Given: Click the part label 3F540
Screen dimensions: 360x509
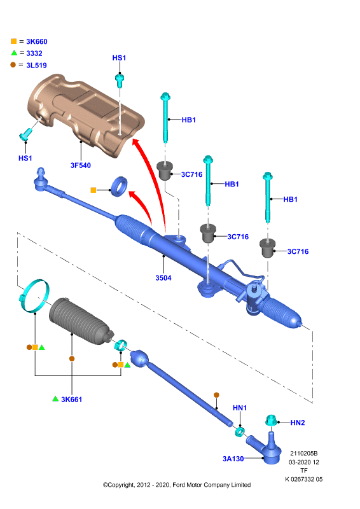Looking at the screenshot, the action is coord(81,165).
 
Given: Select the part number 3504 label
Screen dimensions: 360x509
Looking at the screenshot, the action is coord(163,278).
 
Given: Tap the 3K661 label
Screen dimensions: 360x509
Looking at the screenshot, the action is coord(72,400).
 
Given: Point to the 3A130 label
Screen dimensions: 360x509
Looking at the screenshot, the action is coord(233,459).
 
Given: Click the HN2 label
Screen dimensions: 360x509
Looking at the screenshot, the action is coord(298,422).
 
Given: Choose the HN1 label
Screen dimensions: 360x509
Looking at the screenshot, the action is coord(240,408).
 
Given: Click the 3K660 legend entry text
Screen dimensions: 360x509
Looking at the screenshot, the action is coord(37,41).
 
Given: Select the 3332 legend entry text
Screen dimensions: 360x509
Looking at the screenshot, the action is coord(34,53).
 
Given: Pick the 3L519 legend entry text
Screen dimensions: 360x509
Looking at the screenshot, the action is coord(36,66).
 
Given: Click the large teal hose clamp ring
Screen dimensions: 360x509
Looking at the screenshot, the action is coord(34,296).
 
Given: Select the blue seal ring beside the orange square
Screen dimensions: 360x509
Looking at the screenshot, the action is coord(119,186).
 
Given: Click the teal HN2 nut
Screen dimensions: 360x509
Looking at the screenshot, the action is coord(271,420).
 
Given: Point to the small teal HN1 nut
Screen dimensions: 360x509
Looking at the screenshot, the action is coord(240,432).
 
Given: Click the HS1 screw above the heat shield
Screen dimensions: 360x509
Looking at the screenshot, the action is coord(120,81).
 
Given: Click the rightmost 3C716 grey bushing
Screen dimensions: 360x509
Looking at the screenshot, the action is coord(268,248).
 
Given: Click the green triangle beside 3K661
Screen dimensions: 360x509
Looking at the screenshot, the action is coord(55,399).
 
